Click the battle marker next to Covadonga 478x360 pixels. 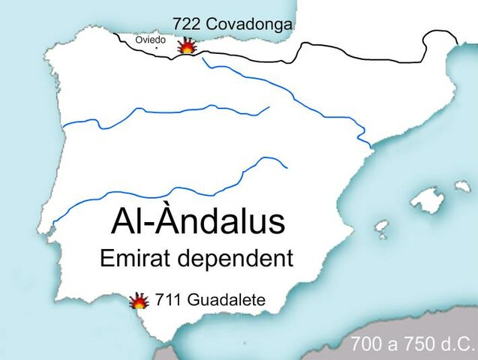[x=186, y=46]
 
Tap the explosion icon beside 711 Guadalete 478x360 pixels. [x=139, y=301]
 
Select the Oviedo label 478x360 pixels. [x=150, y=40]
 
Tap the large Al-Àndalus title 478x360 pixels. [x=198, y=222]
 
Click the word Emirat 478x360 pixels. [x=136, y=259]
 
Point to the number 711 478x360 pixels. [x=166, y=301]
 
